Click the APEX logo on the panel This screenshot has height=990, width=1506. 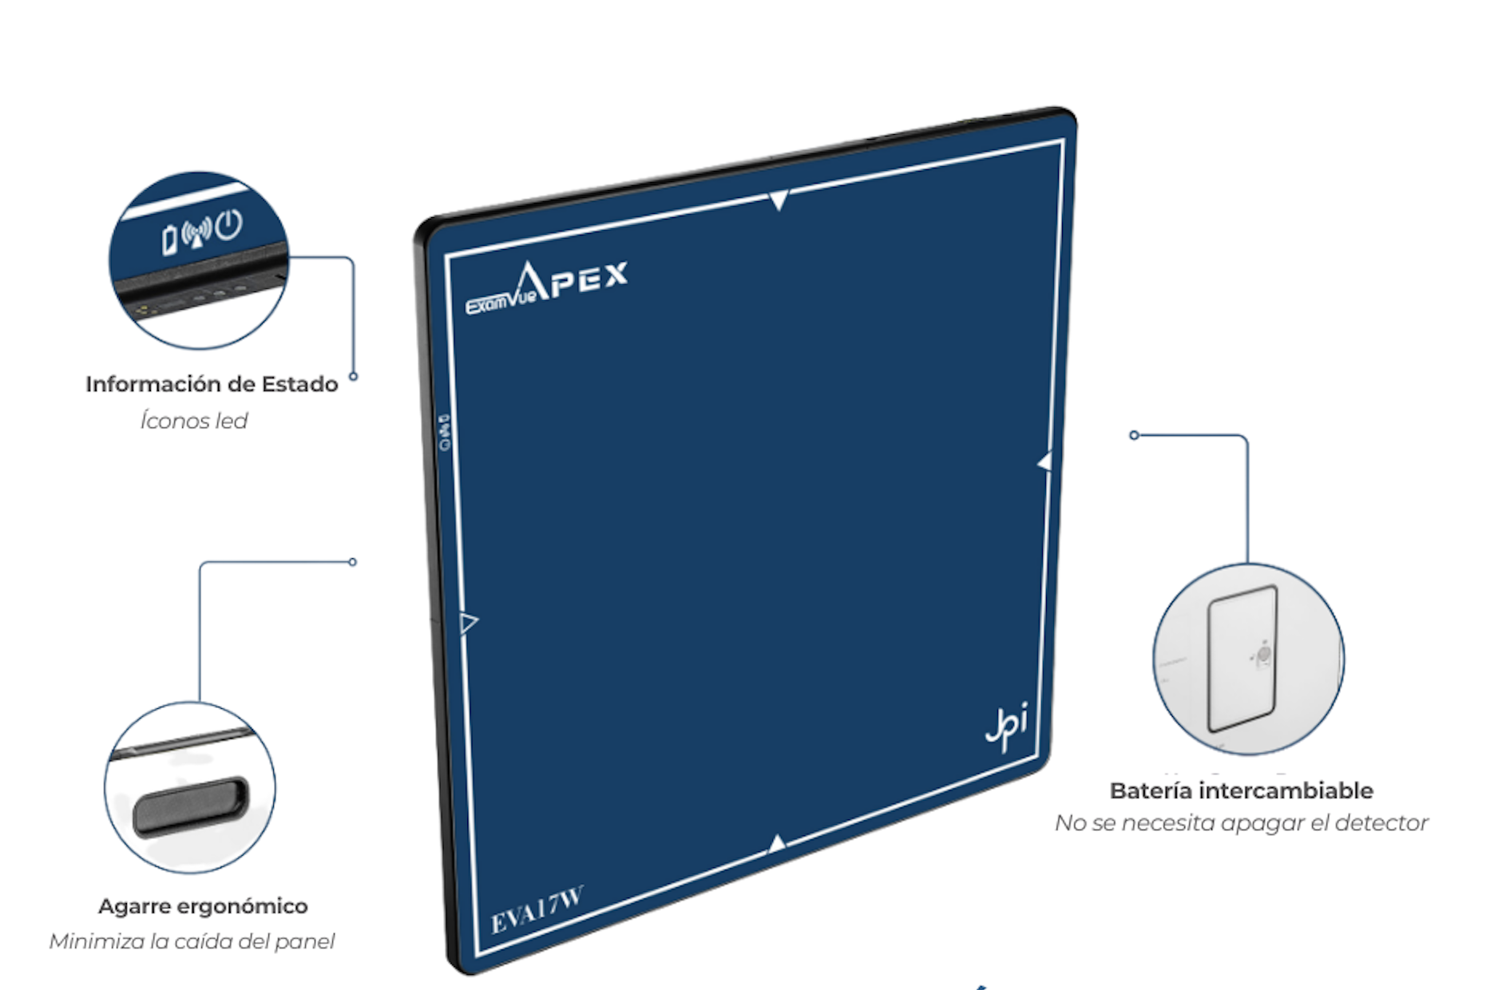[572, 281]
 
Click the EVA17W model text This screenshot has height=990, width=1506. [537, 909]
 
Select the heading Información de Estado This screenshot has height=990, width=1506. [212, 384]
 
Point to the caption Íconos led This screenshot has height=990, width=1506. [194, 420]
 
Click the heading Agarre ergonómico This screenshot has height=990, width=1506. [203, 906]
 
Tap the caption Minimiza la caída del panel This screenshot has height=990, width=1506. [192, 941]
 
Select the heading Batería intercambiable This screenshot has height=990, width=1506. [1242, 790]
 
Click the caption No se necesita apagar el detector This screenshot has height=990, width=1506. [1242, 822]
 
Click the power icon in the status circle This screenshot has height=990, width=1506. [229, 224]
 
